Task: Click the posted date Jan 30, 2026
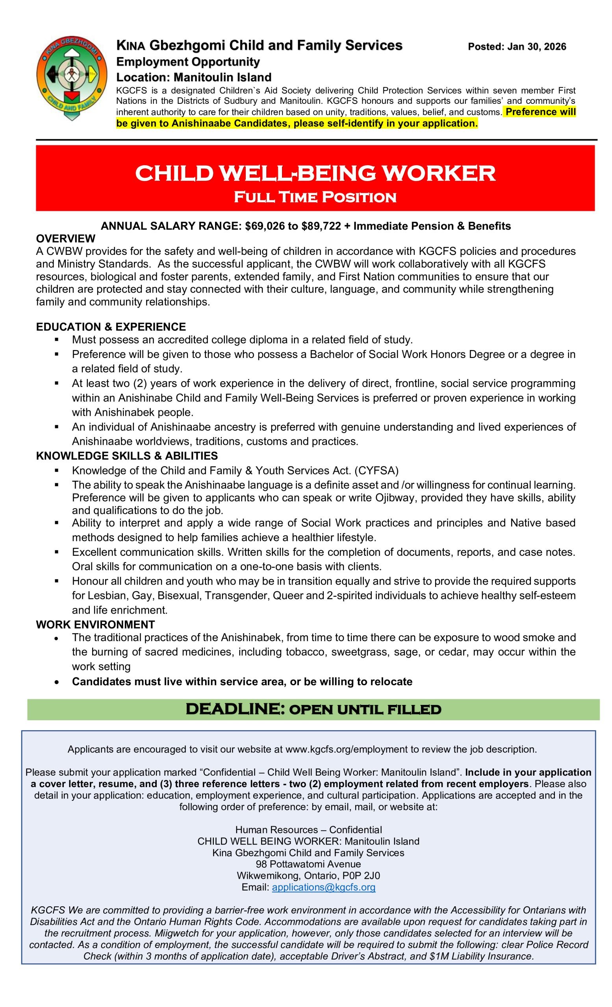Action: [x=517, y=46]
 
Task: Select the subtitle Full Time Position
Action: [x=315, y=197]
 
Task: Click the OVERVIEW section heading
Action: [x=65, y=238]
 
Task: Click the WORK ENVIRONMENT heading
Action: [x=95, y=625]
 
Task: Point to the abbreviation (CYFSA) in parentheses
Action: [x=376, y=470]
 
